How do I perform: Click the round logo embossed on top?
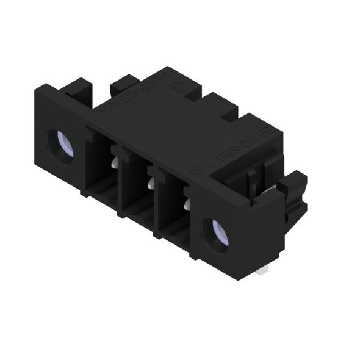[178, 89]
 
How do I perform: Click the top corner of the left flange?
[37, 91]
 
